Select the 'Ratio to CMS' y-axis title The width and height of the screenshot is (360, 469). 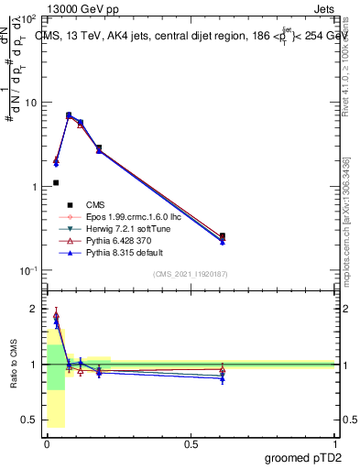click(x=13, y=365)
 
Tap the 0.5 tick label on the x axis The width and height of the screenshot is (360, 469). click(x=191, y=442)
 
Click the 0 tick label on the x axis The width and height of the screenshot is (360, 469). click(x=47, y=442)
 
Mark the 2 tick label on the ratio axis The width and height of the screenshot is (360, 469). click(x=34, y=310)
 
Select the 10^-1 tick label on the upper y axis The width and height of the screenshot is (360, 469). click(x=27, y=271)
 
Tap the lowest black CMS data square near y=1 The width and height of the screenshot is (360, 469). click(x=56, y=182)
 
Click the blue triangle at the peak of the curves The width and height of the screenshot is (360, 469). click(x=69, y=116)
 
